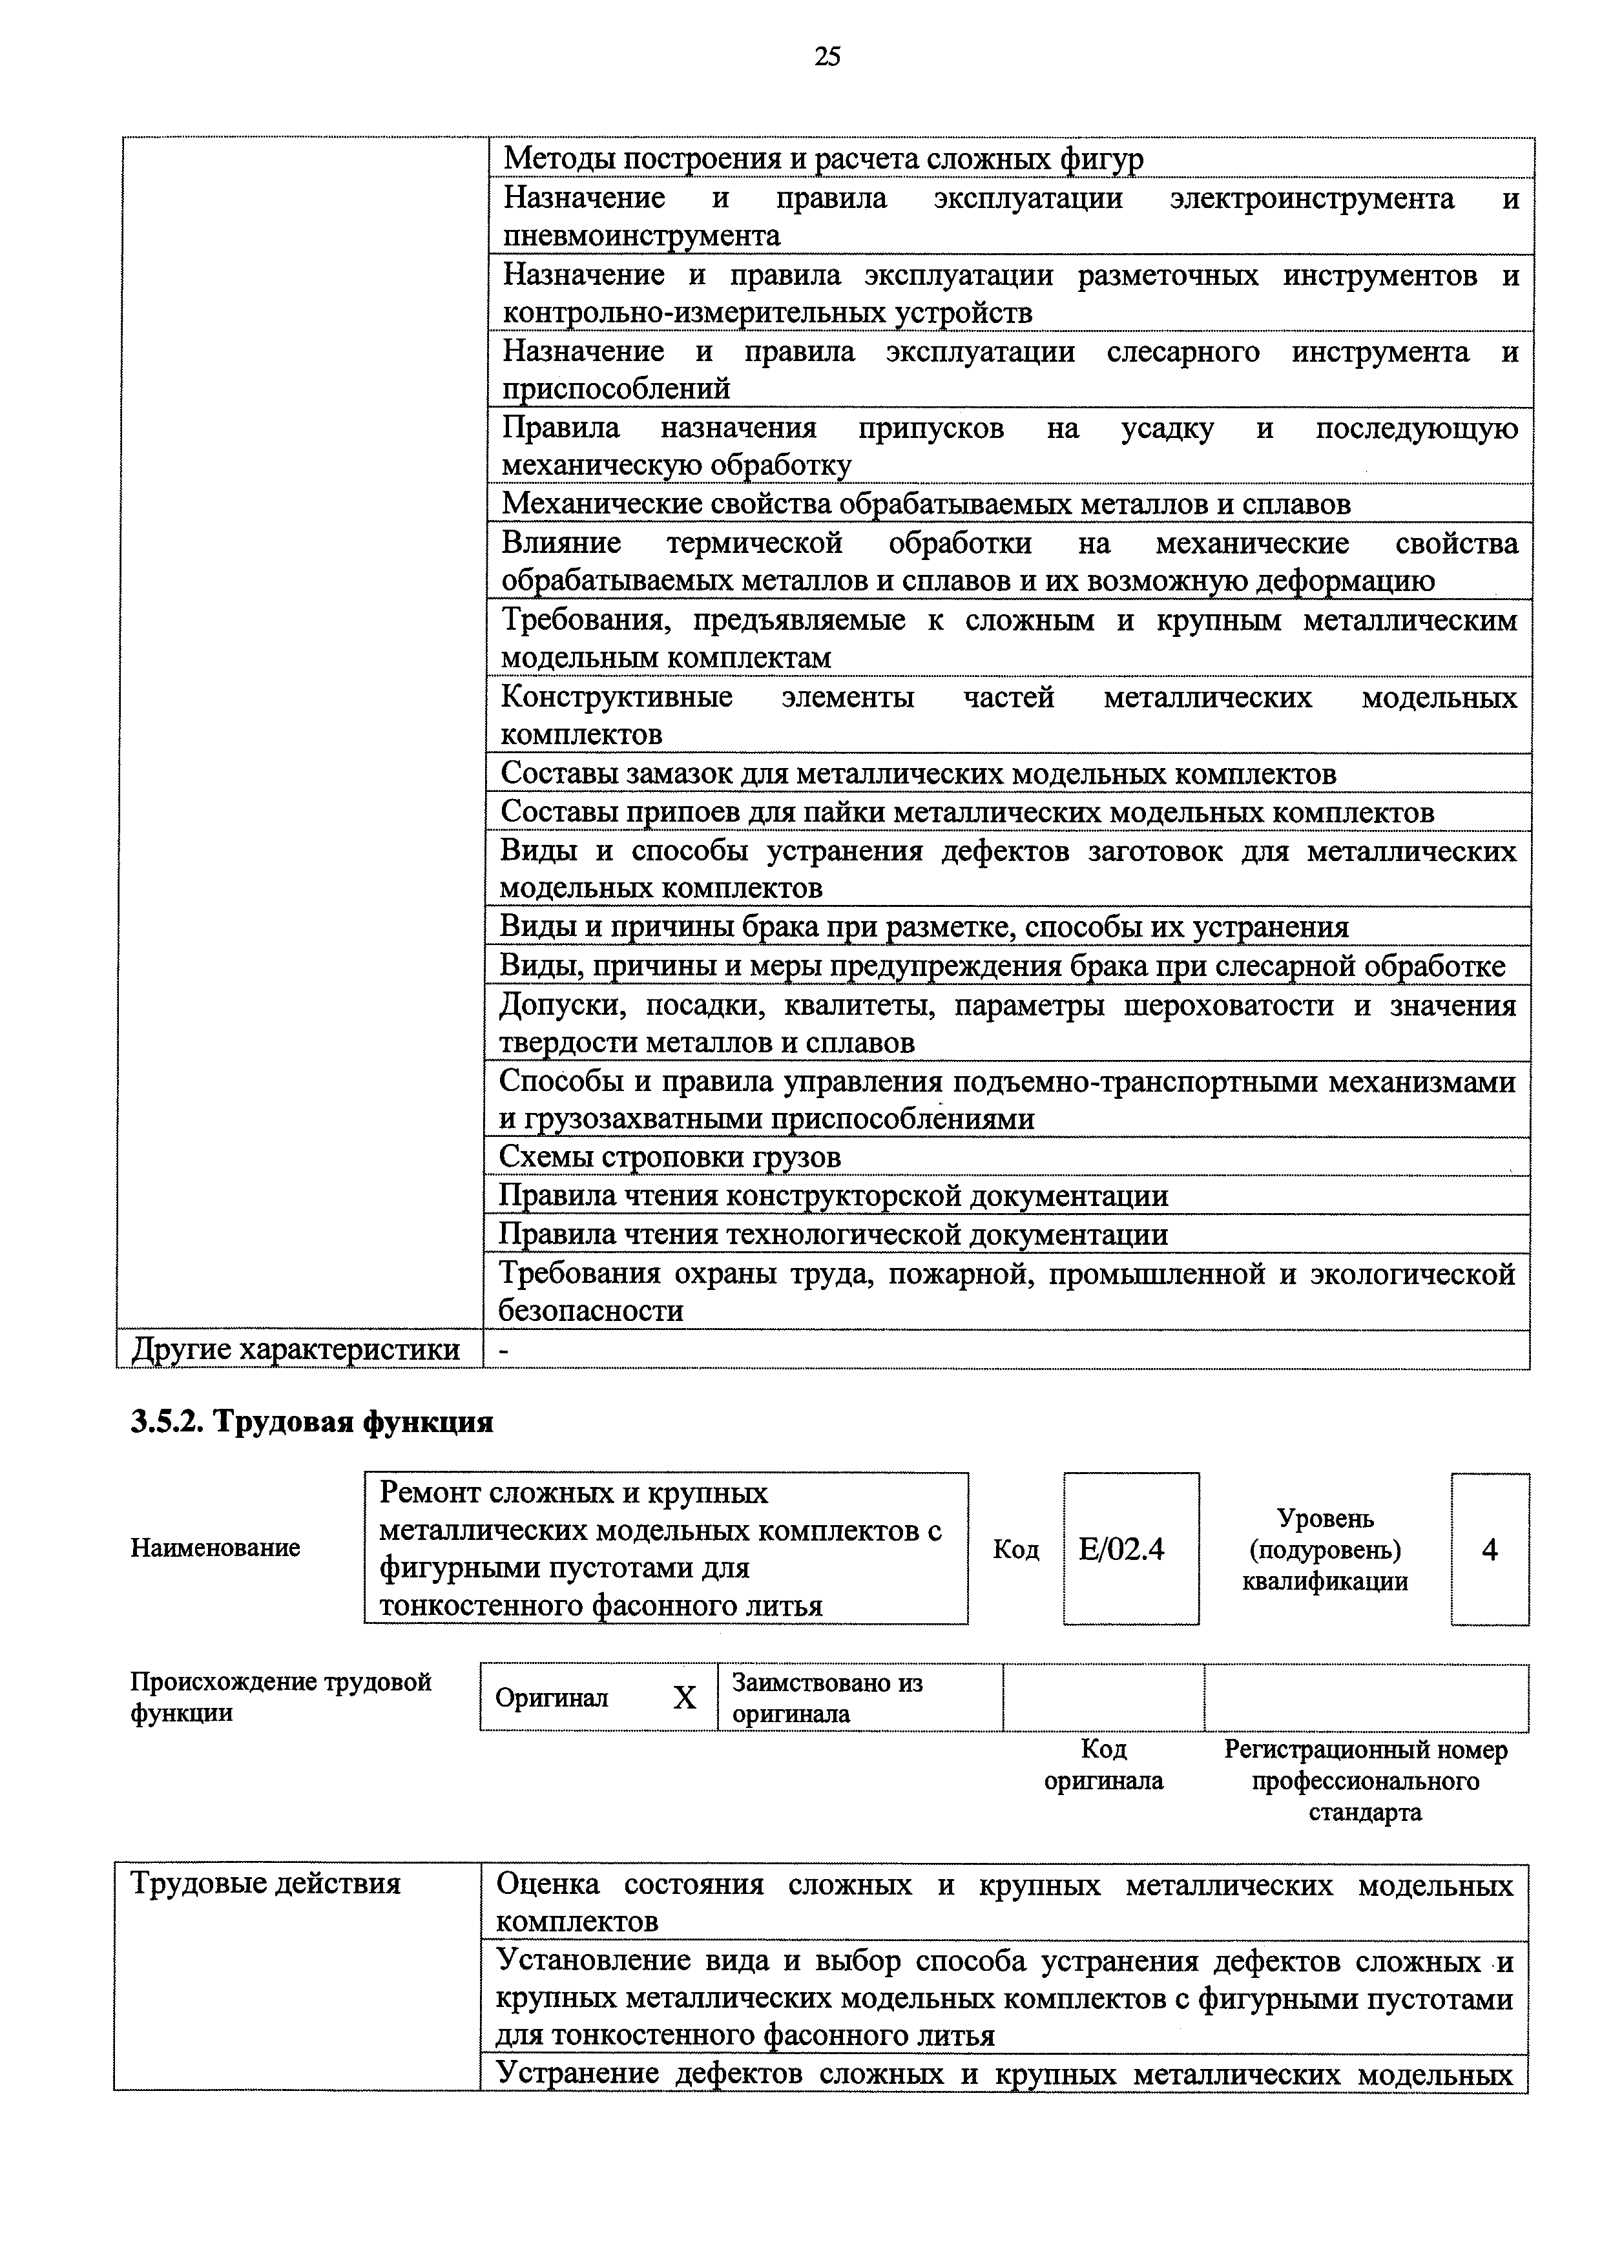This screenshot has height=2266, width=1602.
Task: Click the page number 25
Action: [x=827, y=57]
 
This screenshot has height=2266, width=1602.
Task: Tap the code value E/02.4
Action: [x=1121, y=1550]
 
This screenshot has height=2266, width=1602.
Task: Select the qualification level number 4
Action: [x=1490, y=1550]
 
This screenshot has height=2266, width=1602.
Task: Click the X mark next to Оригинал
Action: [x=684, y=1698]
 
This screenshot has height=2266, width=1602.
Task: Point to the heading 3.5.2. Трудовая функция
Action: [x=312, y=1422]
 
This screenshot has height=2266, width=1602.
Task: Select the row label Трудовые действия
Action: [x=267, y=1884]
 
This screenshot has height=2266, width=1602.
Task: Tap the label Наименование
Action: [x=215, y=1548]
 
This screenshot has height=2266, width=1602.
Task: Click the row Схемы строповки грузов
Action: [x=671, y=1157]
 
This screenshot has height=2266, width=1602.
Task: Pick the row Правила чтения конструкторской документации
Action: [x=833, y=1196]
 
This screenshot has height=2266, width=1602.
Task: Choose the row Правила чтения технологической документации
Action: [x=833, y=1234]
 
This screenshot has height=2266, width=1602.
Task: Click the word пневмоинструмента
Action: [x=641, y=236]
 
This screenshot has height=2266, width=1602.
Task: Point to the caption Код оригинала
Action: [x=1103, y=1765]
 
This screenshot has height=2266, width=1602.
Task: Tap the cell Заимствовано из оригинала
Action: [x=827, y=1698]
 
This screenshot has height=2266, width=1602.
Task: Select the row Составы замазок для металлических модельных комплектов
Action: [x=918, y=774]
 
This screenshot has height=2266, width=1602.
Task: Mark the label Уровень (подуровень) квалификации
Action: [x=1325, y=1550]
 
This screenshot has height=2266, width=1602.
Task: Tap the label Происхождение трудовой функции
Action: [x=281, y=1696]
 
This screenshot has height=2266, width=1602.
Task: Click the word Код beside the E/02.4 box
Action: [x=1015, y=1550]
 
